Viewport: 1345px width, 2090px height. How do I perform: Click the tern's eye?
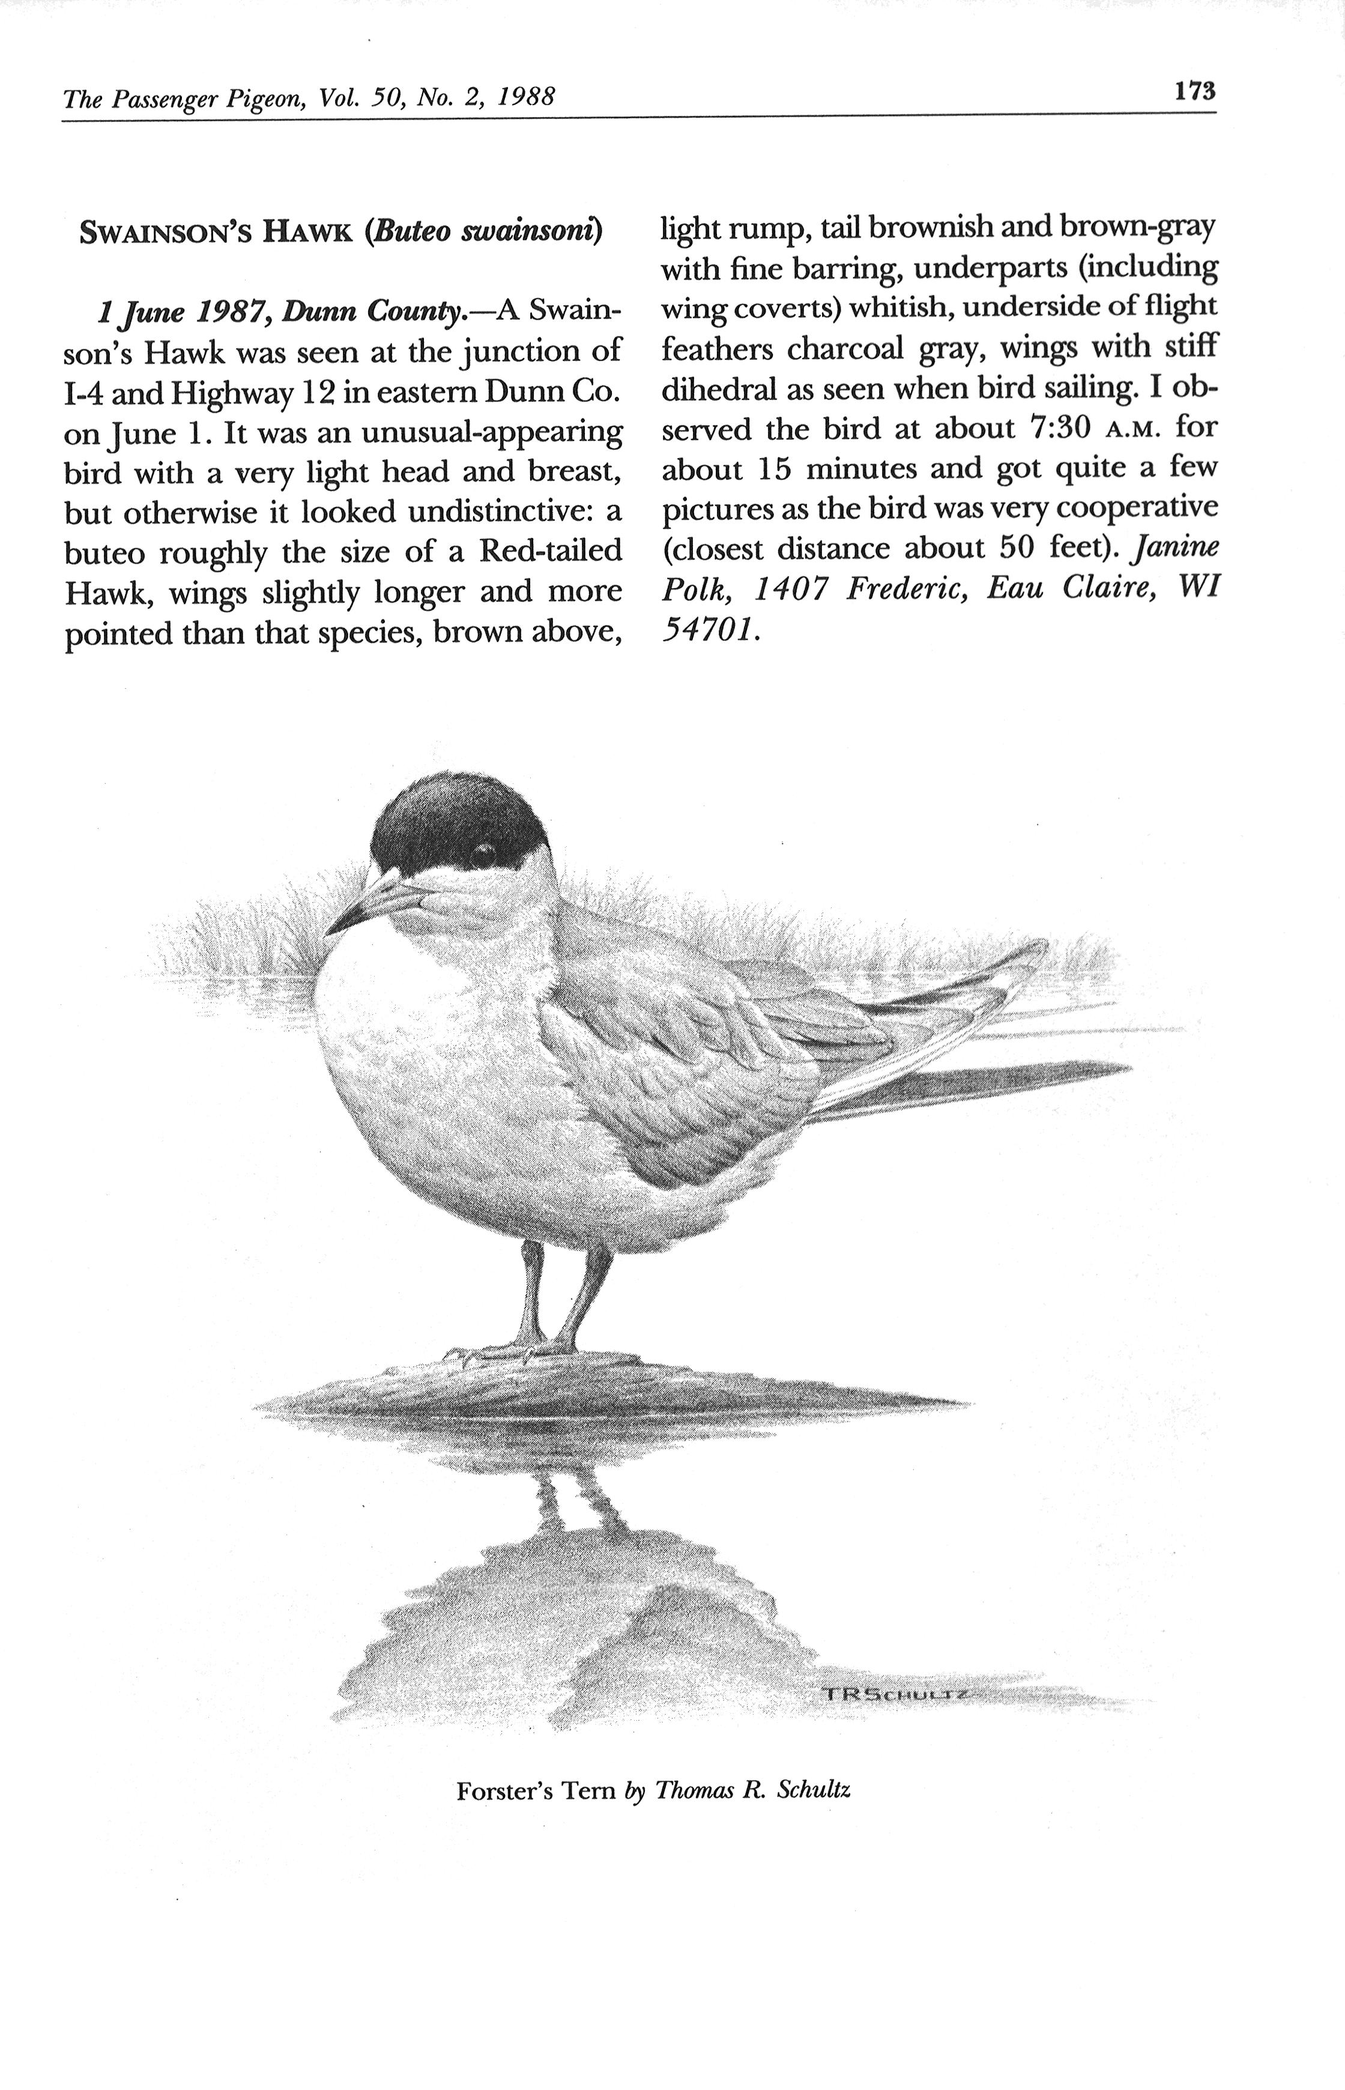click(485, 850)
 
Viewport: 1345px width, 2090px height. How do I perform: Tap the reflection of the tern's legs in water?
click(576, 1497)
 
